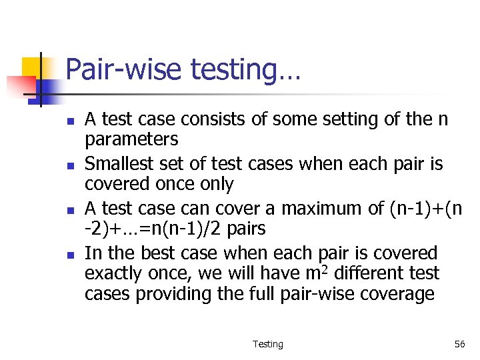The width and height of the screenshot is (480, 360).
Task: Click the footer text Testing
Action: tap(268, 344)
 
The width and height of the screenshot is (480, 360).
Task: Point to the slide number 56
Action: tap(459, 344)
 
